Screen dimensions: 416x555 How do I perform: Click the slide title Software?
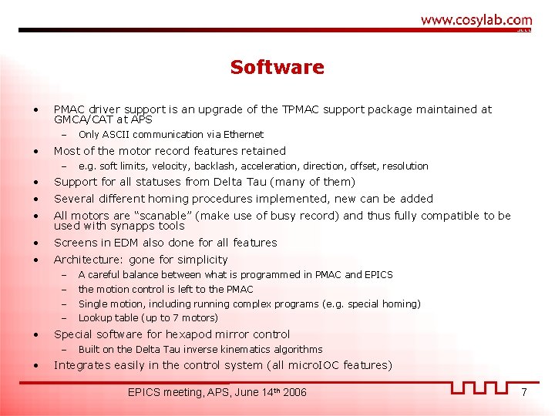[x=277, y=67]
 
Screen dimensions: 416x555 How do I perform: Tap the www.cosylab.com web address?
[x=476, y=20]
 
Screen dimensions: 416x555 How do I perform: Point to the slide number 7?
[x=523, y=392]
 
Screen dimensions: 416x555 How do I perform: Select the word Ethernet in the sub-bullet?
[x=243, y=135]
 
